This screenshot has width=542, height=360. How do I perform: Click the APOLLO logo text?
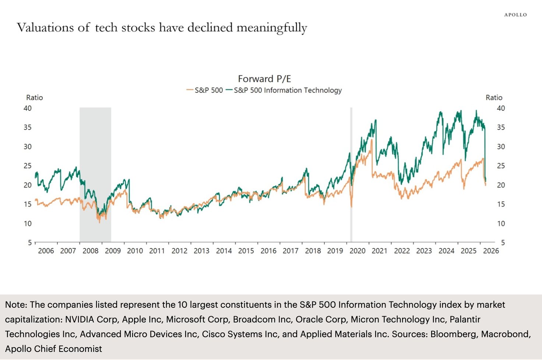coord(515,15)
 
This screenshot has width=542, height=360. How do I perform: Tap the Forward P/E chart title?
coord(264,79)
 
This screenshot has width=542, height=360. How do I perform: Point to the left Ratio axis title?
coord(35,98)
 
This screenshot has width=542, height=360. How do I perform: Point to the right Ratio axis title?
coord(494,98)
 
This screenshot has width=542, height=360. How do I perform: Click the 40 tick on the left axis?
coord(28,108)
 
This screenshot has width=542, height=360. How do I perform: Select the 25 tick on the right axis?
coord(501,166)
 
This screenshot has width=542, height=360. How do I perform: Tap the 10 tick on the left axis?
coord(28,223)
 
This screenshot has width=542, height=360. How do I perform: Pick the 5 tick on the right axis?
coord(503,243)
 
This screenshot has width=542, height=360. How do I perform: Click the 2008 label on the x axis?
coord(90,251)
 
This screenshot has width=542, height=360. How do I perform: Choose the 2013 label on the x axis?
coord(201,251)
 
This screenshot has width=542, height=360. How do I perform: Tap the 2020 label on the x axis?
coord(357,251)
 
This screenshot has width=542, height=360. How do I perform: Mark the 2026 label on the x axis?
coord(491,251)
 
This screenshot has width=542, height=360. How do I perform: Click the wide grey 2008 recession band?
coord(95,155)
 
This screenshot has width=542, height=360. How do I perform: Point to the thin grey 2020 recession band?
coord(351,221)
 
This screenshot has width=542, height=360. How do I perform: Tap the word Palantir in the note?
coord(465,319)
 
